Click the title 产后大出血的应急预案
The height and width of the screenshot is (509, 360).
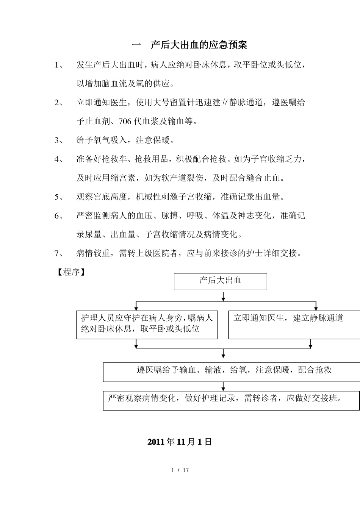click(x=199, y=45)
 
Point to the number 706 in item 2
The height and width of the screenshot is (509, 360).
click(x=125, y=122)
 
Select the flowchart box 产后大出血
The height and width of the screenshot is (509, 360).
click(x=220, y=281)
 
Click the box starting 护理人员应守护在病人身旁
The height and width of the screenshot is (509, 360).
click(x=147, y=325)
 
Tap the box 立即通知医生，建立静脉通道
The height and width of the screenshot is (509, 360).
click(x=294, y=325)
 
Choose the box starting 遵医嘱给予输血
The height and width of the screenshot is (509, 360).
click(x=231, y=372)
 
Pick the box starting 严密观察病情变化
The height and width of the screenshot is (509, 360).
click(x=231, y=400)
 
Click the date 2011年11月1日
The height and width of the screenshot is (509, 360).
click(x=179, y=442)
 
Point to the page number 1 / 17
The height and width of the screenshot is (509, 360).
click(x=180, y=470)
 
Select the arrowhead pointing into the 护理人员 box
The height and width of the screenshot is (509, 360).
click(x=136, y=308)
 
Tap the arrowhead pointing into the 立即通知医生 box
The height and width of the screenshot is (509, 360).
click(x=316, y=308)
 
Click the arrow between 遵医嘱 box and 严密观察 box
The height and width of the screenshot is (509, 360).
click(x=223, y=387)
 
